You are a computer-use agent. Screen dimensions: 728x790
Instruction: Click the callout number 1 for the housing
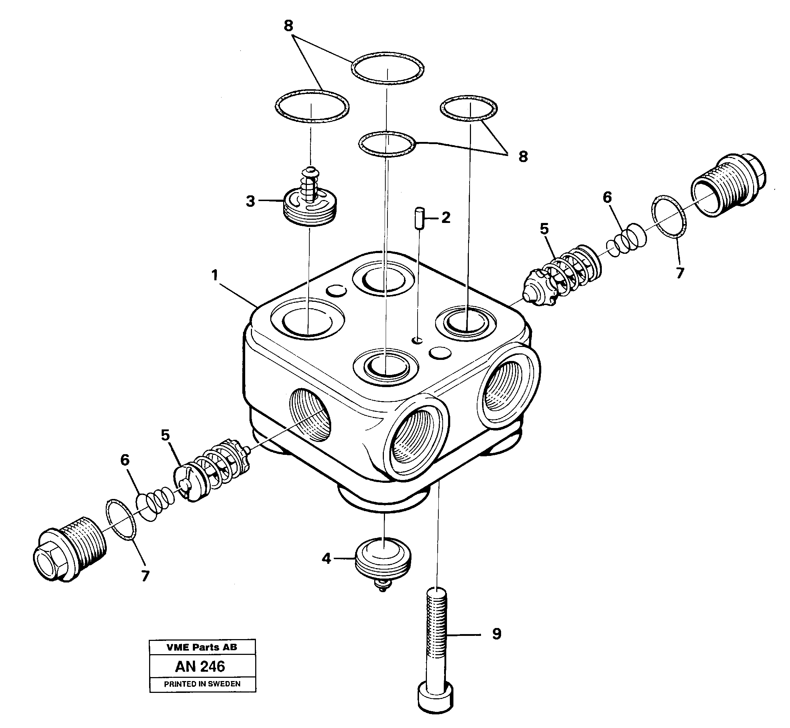coord(215,275)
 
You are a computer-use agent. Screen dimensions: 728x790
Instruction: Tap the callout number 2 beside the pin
coord(446,218)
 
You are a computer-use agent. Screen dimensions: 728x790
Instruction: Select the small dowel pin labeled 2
coord(419,218)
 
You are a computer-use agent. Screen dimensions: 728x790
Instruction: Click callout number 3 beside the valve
coord(250,201)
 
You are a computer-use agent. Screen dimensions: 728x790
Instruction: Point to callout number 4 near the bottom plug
coord(326,558)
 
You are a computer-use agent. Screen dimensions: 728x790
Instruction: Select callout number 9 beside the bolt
coord(496,634)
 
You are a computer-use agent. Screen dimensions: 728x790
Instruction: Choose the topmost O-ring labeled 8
coord(387,68)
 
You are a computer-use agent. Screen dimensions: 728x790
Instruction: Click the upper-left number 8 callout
coord(289,26)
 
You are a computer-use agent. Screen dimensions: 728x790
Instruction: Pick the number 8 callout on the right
coord(523,157)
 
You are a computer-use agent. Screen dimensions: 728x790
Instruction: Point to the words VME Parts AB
coord(202,647)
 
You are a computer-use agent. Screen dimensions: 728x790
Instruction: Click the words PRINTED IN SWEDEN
coord(202,684)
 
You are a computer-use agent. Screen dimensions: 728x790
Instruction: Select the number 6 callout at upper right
coord(607,198)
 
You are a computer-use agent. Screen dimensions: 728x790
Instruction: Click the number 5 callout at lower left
coord(165,435)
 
